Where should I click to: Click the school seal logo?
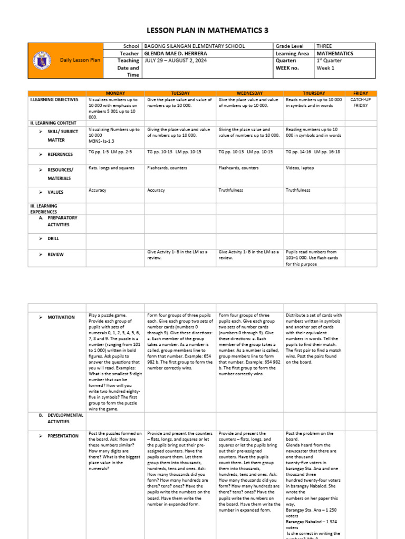[x=41, y=61]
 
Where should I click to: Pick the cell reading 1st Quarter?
[x=329, y=61]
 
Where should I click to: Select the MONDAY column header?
[x=115, y=93]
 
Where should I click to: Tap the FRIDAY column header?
[x=360, y=93]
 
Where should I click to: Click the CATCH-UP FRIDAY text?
[x=360, y=102]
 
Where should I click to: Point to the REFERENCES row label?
[x=60, y=155]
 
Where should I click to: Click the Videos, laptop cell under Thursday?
[x=300, y=168]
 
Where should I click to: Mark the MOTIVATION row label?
[x=61, y=317]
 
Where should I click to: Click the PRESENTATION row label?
[x=63, y=436]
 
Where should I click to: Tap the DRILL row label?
[x=53, y=238]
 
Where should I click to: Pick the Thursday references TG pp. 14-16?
[x=298, y=152]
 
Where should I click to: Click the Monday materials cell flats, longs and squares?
[x=112, y=168]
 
